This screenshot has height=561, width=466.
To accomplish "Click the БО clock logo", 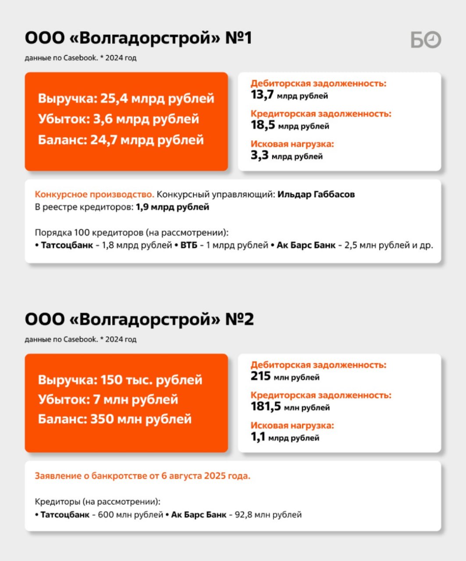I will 426,40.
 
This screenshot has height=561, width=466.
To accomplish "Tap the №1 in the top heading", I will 238,38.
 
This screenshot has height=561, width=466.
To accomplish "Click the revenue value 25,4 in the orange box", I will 114,98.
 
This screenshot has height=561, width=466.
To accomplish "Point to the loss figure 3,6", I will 102,119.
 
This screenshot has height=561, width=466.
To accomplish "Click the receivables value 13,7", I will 262,95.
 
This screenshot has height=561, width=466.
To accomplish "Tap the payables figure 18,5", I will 263,125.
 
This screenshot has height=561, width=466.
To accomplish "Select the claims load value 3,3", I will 260,155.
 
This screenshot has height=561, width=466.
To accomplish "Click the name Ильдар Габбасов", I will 316,194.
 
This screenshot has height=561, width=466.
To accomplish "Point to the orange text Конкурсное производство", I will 94,194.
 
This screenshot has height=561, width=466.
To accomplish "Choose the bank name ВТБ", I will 189,245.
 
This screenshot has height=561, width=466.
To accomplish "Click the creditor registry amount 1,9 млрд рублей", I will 172,207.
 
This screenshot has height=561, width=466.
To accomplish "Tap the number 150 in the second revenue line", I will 111,380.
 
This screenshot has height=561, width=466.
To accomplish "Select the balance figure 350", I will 102,419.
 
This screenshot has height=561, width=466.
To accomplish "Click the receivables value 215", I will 260,376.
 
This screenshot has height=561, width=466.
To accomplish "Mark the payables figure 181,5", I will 266,406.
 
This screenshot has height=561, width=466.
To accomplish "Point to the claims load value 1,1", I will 258,437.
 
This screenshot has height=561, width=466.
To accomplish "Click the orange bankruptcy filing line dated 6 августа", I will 142,476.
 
